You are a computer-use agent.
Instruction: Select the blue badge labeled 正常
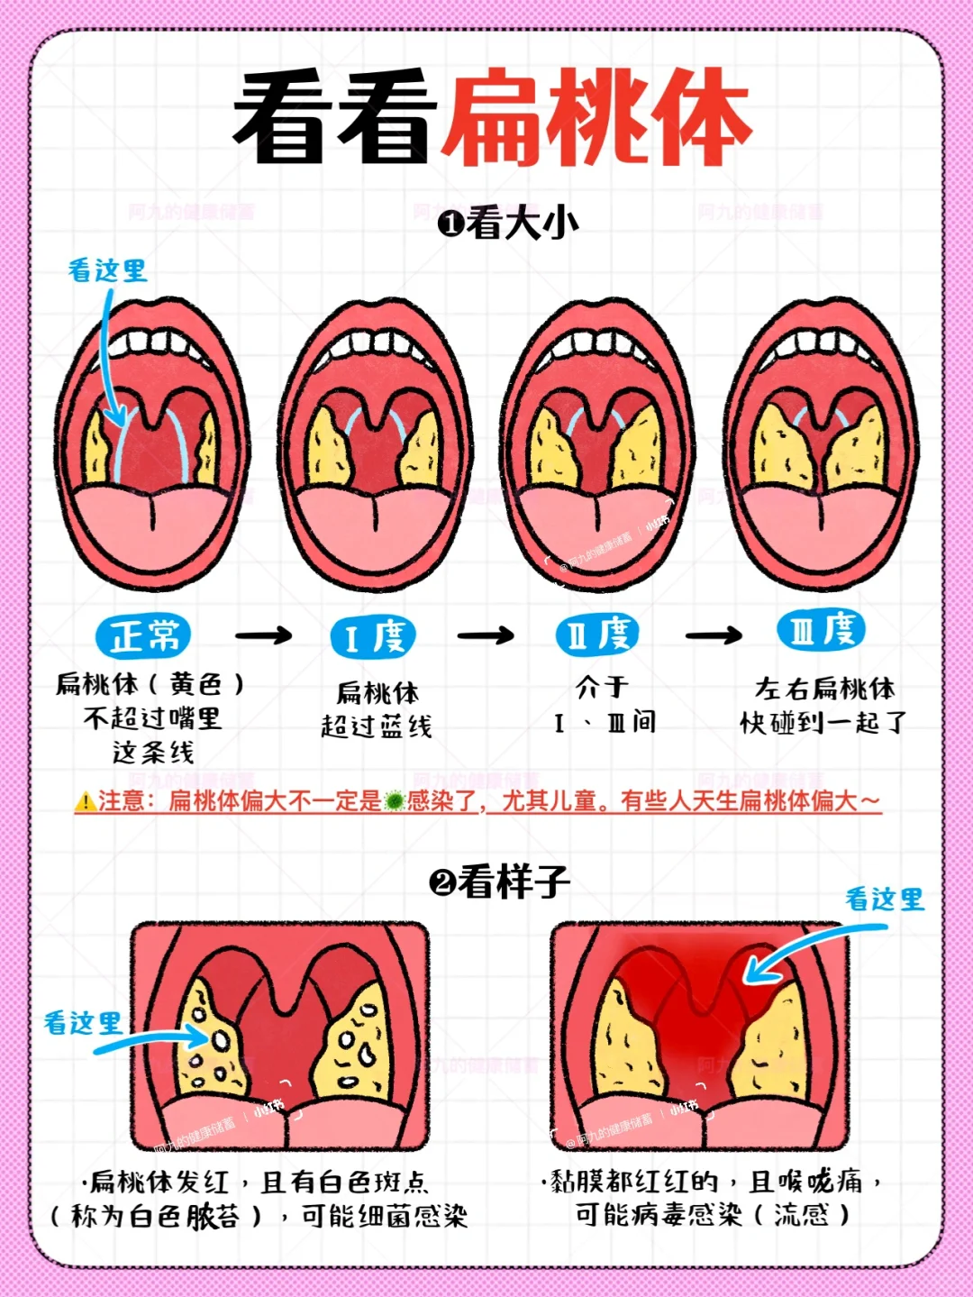(x=144, y=635)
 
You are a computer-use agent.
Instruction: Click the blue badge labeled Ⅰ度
(x=374, y=637)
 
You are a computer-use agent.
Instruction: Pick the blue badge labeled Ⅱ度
(x=597, y=635)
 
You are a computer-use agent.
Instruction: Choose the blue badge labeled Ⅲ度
(x=822, y=629)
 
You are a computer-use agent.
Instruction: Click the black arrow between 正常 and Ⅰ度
(x=263, y=636)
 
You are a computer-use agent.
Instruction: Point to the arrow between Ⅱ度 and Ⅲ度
(x=714, y=635)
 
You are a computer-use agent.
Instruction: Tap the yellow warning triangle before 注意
(x=86, y=800)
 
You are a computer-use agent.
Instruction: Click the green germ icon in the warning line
(x=394, y=800)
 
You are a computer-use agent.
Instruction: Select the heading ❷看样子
(x=500, y=881)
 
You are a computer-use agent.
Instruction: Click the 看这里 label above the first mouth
(x=108, y=269)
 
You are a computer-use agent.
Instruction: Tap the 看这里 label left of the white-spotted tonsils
(x=83, y=1022)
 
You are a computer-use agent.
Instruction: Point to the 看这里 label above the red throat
(x=885, y=899)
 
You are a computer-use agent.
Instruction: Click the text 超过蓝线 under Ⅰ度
(x=377, y=726)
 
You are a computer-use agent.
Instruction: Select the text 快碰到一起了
(x=823, y=722)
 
